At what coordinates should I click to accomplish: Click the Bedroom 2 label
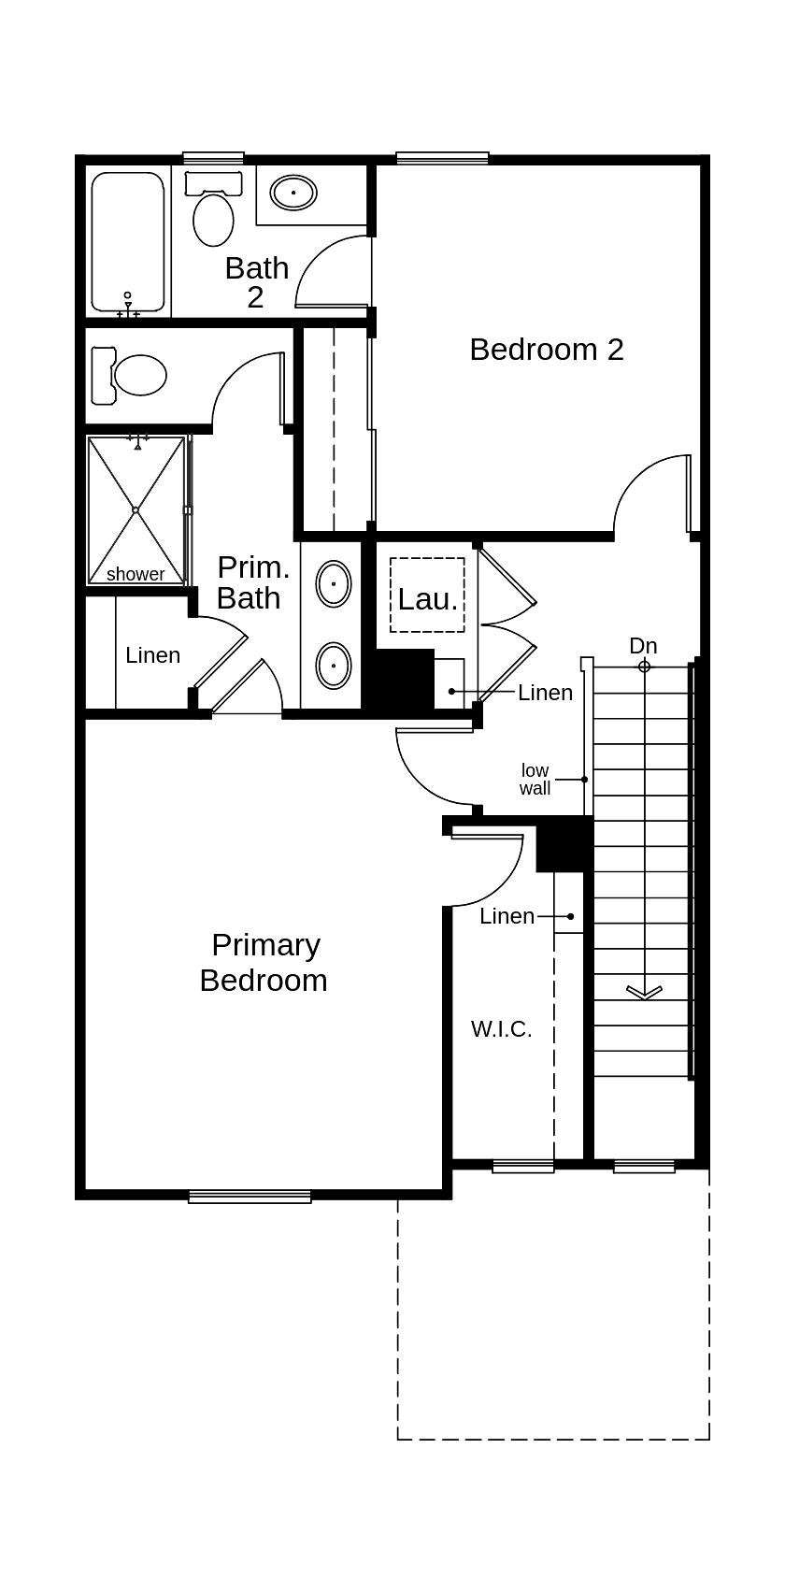click(546, 350)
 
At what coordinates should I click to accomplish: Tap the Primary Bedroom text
click(264, 963)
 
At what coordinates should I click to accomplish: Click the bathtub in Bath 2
click(128, 240)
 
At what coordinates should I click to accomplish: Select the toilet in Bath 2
click(213, 210)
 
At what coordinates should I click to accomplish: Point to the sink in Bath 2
click(293, 194)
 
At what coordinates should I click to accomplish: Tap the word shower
click(136, 574)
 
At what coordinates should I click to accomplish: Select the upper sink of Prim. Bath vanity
click(334, 584)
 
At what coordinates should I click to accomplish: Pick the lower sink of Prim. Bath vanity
click(334, 666)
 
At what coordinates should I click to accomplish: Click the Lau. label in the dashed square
click(427, 599)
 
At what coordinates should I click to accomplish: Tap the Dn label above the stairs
click(643, 646)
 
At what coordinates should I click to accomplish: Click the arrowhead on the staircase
click(644, 992)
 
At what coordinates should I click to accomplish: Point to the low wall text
click(535, 780)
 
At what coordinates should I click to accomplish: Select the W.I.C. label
click(501, 1029)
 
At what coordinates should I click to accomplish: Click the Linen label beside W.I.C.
click(507, 916)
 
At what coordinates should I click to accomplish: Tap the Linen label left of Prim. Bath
click(152, 655)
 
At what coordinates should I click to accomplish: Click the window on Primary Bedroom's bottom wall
click(250, 1196)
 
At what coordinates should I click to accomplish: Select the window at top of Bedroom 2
click(442, 158)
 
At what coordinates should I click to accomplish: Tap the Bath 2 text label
click(256, 282)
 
